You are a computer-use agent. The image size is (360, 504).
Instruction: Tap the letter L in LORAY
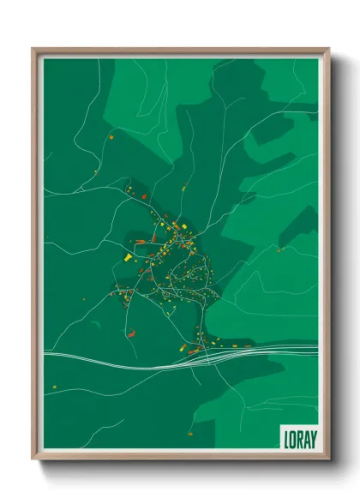(286, 437)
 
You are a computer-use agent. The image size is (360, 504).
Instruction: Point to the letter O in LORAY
(292, 437)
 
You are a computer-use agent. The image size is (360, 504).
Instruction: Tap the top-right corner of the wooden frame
(328, 49)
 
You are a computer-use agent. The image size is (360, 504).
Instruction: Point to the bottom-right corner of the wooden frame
(328, 459)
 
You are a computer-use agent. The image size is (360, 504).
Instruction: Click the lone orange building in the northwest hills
(111, 135)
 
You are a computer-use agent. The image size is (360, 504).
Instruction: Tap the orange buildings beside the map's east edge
(279, 249)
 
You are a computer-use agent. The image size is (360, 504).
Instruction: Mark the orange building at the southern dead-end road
(183, 348)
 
